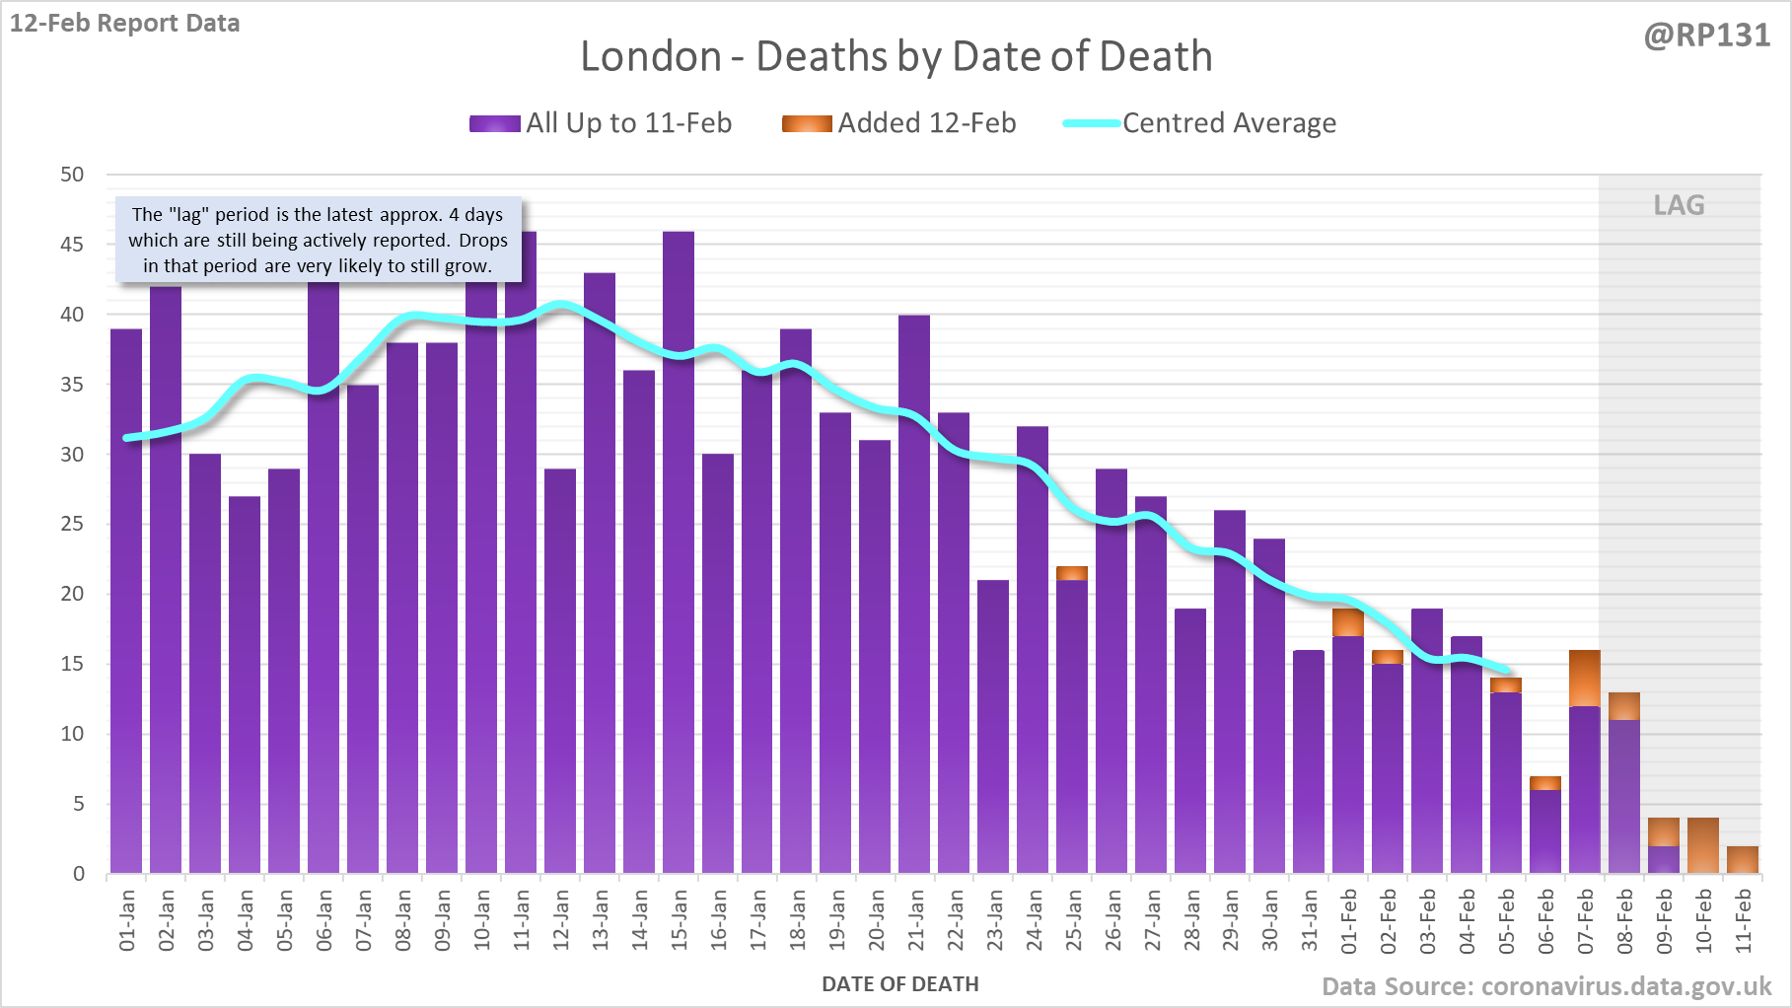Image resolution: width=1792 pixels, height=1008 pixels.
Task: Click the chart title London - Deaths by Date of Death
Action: [896, 56]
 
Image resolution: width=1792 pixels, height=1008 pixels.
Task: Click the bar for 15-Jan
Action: [679, 552]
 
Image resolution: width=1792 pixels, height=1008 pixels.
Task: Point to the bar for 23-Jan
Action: [993, 726]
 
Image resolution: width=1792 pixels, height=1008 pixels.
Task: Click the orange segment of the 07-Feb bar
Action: [1585, 679]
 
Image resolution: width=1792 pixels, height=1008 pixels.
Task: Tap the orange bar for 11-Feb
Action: [1743, 860]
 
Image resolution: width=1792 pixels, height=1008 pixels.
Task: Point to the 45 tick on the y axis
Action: [72, 245]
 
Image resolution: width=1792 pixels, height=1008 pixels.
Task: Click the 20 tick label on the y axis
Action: [72, 594]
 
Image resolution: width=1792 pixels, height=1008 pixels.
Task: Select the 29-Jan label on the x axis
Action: [1231, 920]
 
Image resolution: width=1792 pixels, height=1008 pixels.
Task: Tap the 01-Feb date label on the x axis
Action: [1349, 920]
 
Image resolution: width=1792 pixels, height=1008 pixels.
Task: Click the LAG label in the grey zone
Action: [1679, 205]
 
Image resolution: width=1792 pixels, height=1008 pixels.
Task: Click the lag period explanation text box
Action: [318, 240]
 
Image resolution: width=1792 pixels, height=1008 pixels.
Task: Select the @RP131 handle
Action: [1706, 36]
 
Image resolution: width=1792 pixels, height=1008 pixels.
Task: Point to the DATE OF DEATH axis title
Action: [899, 984]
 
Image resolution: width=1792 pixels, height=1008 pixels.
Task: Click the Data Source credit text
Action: [1545, 986]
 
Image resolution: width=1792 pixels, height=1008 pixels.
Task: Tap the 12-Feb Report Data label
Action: [125, 23]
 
